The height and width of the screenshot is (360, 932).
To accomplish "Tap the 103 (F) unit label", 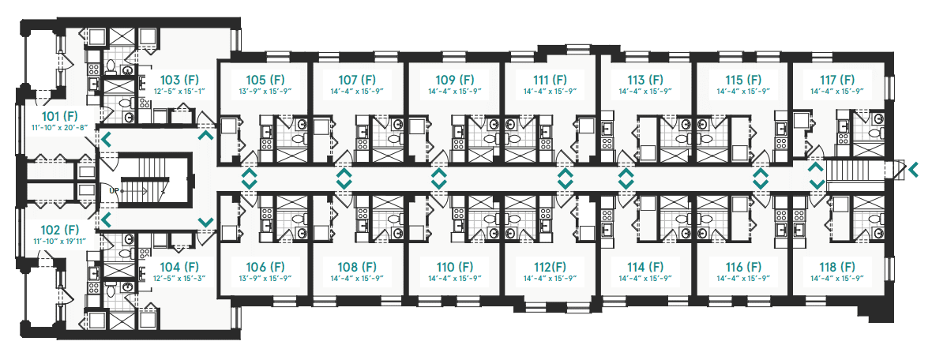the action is (175, 79).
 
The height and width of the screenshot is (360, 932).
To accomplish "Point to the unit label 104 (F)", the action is (175, 267).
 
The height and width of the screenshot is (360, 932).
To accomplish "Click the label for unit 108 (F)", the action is (357, 267).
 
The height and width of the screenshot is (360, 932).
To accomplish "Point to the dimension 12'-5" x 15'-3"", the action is (175, 278).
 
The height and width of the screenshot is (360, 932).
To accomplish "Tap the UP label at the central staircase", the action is (114, 191).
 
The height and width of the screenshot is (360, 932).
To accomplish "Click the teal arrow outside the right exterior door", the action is (914, 171).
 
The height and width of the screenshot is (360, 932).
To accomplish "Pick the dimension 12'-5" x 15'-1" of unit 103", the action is (175, 91).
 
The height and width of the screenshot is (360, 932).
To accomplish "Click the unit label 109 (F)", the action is (454, 79).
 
